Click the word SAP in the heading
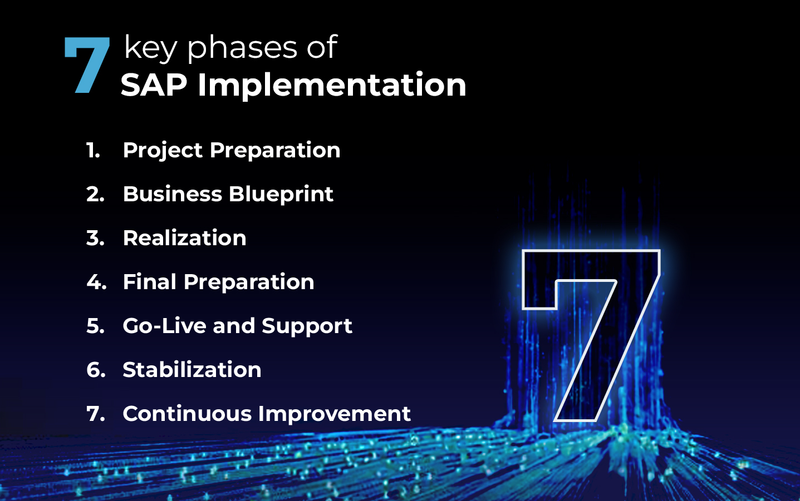[x=154, y=85]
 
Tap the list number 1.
[x=93, y=150]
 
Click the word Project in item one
[x=163, y=151]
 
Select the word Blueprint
[x=281, y=195]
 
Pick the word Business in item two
[x=173, y=194]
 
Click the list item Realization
[x=185, y=238]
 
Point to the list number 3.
[x=95, y=238]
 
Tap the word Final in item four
[x=150, y=282]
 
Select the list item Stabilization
[x=192, y=370]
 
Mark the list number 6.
[x=96, y=370]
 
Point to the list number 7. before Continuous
[x=96, y=414]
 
